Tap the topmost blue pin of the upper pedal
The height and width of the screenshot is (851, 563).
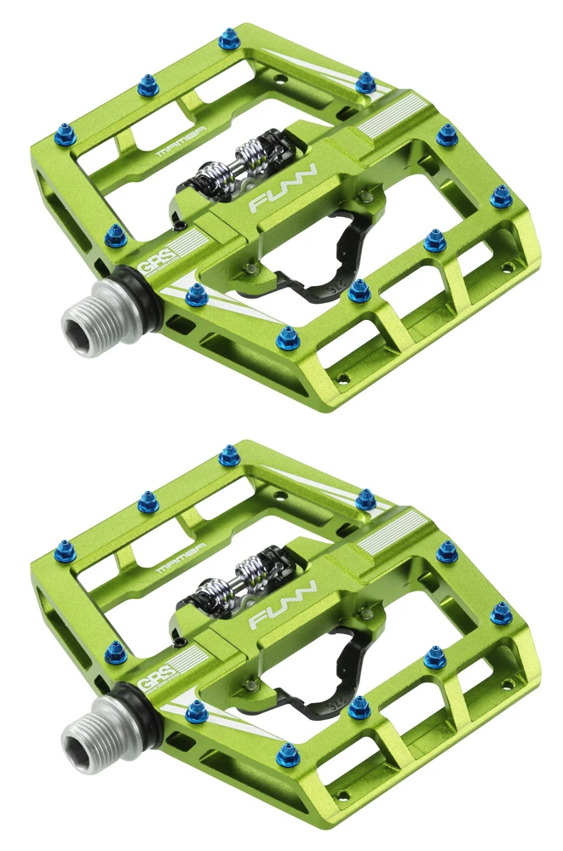(228, 38)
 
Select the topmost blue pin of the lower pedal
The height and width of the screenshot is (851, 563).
(228, 456)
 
